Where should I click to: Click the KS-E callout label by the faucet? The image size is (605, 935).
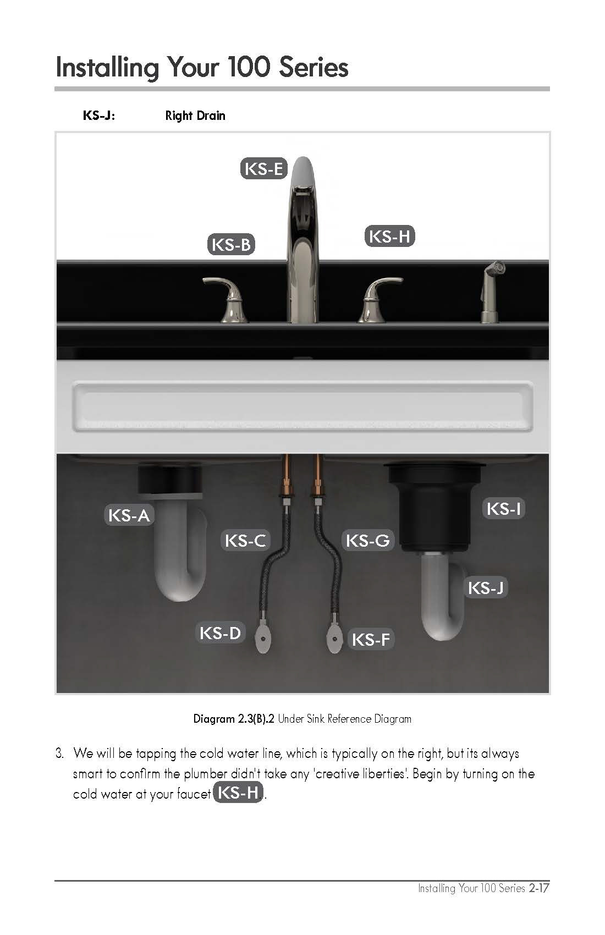click(x=264, y=169)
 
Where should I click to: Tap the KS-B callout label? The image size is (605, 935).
click(x=231, y=244)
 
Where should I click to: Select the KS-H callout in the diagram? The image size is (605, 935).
click(x=389, y=237)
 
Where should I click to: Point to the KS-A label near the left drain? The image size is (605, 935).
click(x=129, y=515)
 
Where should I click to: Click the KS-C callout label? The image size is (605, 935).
click(x=245, y=541)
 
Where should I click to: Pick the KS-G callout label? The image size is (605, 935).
click(x=368, y=541)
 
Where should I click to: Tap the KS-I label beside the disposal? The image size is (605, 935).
click(x=504, y=508)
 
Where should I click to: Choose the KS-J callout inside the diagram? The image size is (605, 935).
click(x=486, y=588)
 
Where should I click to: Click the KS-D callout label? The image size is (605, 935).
click(x=220, y=633)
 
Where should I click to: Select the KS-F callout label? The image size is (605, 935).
click(x=371, y=639)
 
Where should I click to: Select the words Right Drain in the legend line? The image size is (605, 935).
click(x=195, y=116)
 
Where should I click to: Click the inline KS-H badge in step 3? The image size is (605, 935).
click(x=238, y=793)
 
